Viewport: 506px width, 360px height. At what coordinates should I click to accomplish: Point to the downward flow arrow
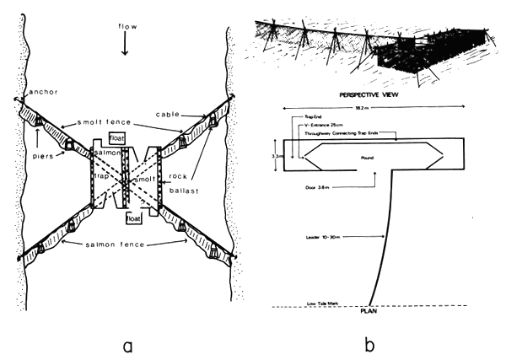126,46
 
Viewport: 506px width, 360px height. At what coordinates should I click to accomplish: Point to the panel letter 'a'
126,341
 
